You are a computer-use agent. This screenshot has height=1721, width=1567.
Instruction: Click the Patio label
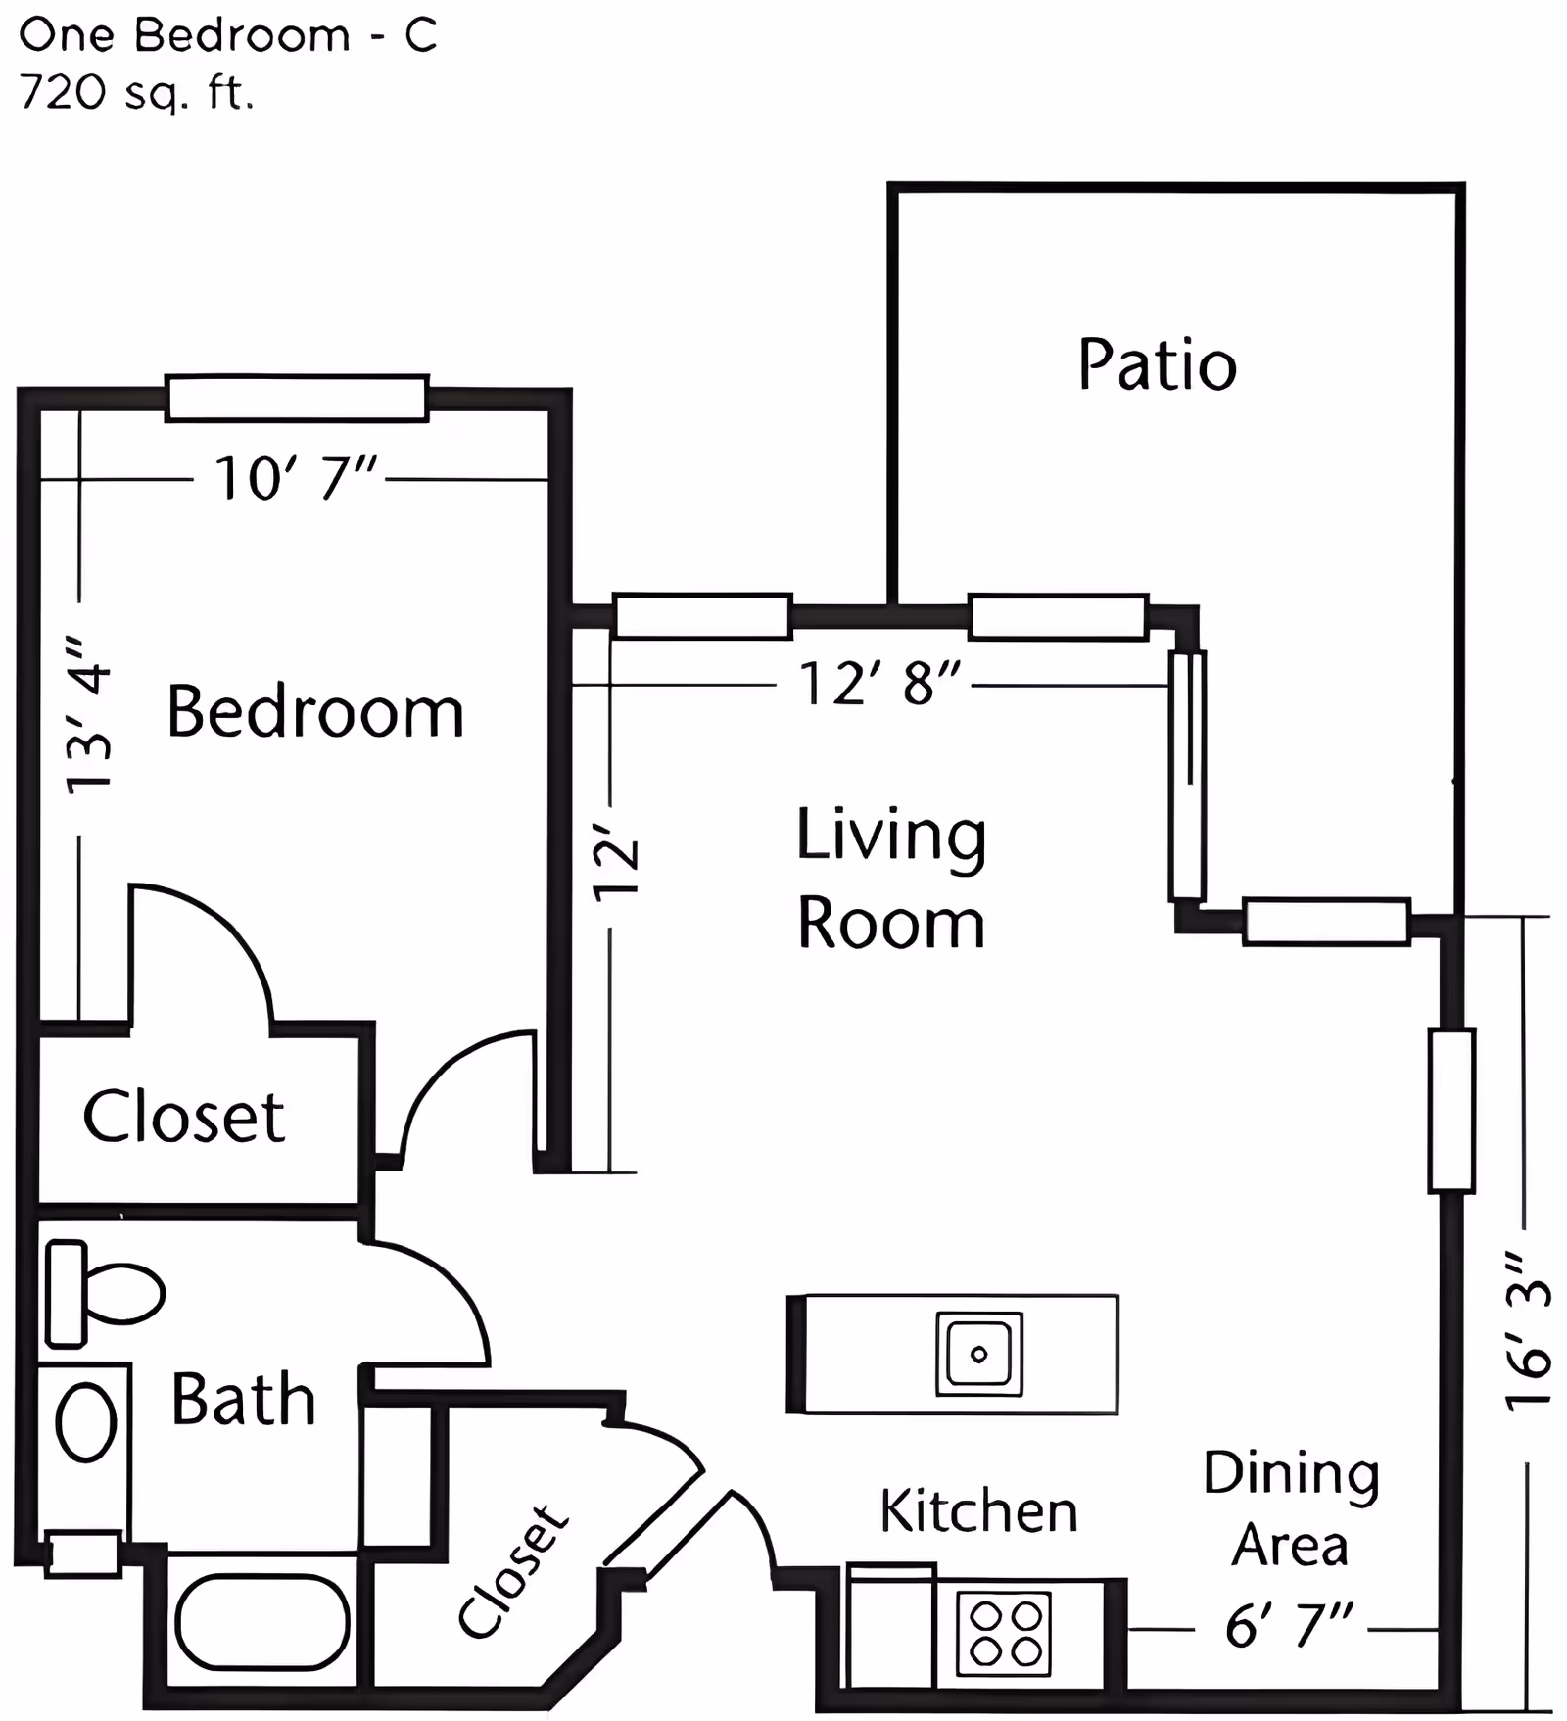coord(1157,365)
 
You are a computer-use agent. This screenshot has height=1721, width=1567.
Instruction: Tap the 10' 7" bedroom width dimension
coord(295,479)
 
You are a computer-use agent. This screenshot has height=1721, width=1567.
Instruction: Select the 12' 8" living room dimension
coord(878,683)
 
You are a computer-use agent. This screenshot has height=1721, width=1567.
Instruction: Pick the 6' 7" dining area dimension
coord(1288,1627)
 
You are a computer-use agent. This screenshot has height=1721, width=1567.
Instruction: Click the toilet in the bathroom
coord(104,1293)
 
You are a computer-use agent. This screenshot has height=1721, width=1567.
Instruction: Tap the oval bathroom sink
coord(86,1422)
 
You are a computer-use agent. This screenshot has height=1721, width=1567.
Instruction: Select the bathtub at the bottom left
coord(261,1621)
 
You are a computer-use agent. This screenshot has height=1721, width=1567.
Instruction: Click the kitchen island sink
coord(978,1354)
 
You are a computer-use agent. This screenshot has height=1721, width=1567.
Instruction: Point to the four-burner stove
coord(1003,1633)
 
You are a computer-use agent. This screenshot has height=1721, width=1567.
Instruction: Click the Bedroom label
coord(315,712)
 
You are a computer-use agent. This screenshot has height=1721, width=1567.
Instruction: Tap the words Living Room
coord(890,879)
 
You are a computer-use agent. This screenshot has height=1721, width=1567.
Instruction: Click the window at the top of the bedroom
coord(296,399)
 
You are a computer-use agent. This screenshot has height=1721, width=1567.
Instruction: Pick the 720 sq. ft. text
coord(136,94)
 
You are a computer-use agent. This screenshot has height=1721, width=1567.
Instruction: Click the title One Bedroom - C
coord(227,36)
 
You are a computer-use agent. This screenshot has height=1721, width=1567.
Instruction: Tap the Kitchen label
coord(977,1510)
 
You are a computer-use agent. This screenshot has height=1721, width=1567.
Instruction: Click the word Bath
coord(243,1400)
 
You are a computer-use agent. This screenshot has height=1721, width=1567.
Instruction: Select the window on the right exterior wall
coord(1450,1110)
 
